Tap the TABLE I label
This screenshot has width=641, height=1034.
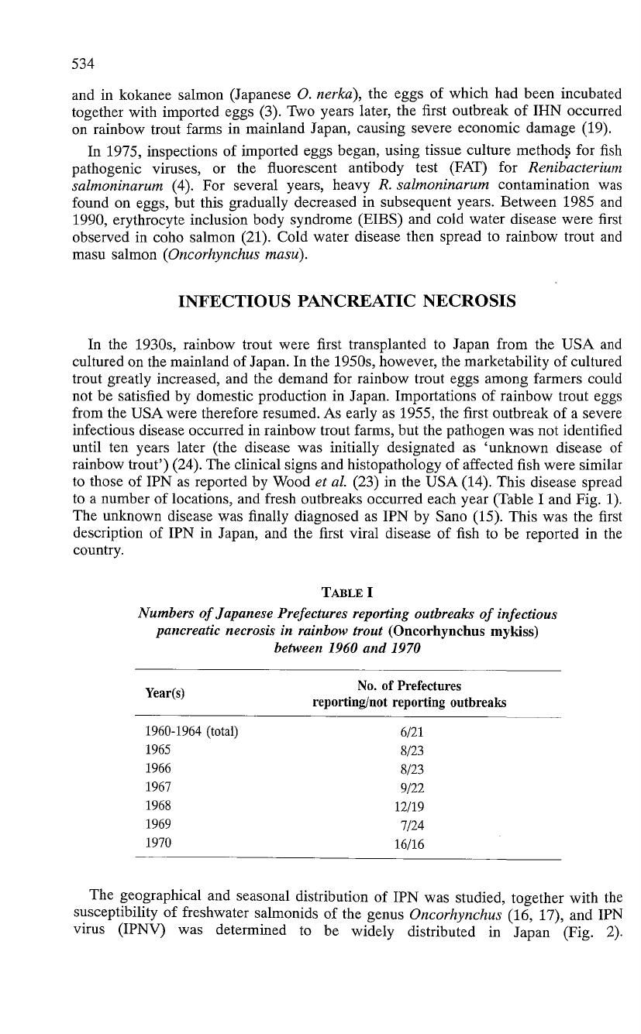[346, 594]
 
